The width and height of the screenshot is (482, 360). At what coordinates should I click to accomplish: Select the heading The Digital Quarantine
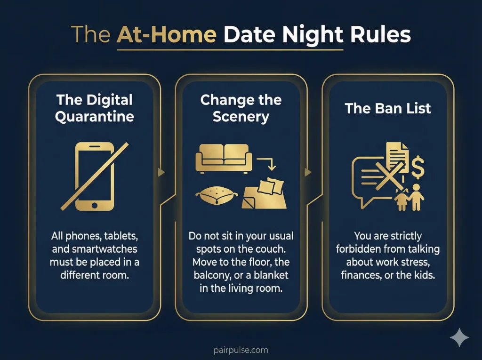point(94,108)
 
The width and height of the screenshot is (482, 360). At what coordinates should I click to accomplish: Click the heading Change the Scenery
point(241,108)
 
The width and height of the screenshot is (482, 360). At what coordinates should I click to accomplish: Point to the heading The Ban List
point(388,108)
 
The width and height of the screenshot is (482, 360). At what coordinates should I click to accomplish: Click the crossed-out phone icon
point(95,176)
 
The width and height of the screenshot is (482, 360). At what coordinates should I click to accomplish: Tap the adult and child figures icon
point(410,197)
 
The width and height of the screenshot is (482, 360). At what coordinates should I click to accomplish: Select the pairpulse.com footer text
point(241,350)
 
